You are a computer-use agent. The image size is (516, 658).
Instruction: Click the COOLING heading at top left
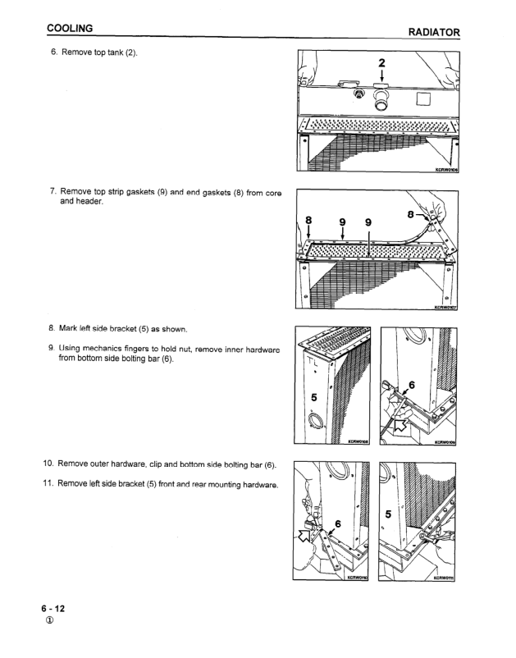click(x=70, y=28)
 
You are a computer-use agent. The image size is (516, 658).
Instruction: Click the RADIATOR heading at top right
click(x=434, y=32)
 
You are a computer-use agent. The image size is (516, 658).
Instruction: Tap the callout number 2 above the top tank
click(x=381, y=63)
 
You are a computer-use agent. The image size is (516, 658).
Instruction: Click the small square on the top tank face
click(x=423, y=99)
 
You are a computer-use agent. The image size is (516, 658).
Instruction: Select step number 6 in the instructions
click(x=53, y=52)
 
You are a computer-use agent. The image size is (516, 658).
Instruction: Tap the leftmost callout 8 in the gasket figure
click(x=308, y=221)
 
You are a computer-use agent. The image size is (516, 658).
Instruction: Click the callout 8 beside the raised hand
click(x=411, y=214)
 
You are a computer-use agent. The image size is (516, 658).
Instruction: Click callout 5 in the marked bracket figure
click(x=314, y=397)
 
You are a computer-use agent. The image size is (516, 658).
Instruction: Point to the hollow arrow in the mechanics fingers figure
click(x=400, y=426)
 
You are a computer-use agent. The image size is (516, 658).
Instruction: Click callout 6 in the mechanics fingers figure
click(x=412, y=385)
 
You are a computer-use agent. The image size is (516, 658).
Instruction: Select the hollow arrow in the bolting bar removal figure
click(x=306, y=535)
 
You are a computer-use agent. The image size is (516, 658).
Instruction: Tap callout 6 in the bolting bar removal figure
click(x=338, y=523)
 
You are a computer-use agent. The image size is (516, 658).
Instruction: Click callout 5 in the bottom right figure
click(x=388, y=514)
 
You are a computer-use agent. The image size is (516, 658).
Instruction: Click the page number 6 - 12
click(x=53, y=609)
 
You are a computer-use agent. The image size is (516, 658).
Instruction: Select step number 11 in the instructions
click(x=48, y=483)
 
